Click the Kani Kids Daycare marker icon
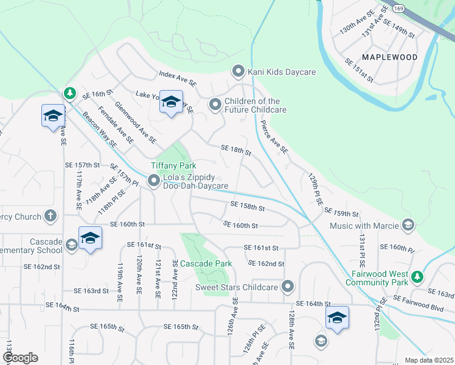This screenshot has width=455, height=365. click(238, 72)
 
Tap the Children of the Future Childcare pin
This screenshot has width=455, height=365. click(215, 105)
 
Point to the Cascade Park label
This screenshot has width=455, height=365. click(206, 264)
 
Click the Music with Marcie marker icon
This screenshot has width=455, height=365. click(408, 226)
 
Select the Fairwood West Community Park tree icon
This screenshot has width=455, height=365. click(417, 277)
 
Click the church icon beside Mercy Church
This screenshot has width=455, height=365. click(50, 217)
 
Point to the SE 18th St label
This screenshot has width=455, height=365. click(236, 150)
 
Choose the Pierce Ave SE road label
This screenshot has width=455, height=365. click(274, 138)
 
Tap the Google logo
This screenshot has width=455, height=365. click(20, 358)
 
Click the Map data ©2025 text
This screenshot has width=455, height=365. click(428, 360)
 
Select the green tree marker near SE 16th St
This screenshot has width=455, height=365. click(70, 93)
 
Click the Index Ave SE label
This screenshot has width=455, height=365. click(178, 78)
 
